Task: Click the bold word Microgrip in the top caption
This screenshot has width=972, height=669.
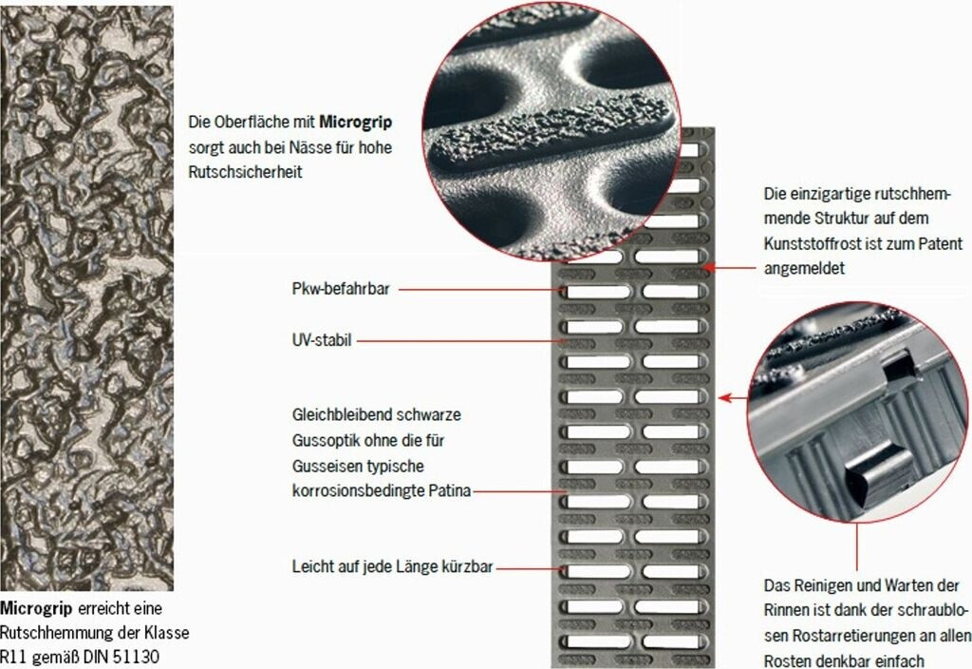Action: (x=355, y=122)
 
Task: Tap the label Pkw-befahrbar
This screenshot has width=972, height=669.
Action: (x=341, y=289)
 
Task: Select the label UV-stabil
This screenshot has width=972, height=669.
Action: (x=322, y=340)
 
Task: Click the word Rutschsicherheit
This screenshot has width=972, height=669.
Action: (x=245, y=172)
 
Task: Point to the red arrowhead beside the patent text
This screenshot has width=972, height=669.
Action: (x=709, y=267)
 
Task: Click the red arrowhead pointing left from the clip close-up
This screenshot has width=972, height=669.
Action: (x=724, y=397)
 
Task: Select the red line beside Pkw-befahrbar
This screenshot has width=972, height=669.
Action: (x=479, y=289)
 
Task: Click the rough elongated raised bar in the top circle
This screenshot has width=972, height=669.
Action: (x=551, y=131)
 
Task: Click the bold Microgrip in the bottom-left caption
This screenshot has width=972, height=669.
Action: (x=36, y=608)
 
